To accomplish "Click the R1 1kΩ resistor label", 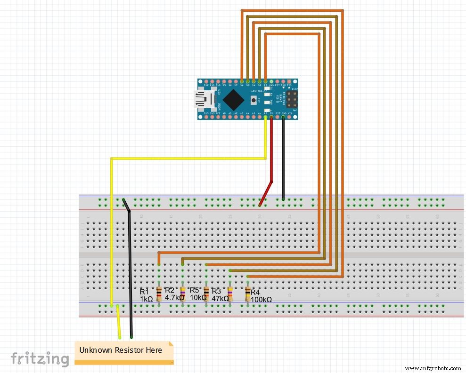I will point(146,295).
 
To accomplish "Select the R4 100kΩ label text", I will point(261,296).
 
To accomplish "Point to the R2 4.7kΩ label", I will point(173,294).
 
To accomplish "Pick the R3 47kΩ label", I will point(219,295).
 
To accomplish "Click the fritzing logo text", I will point(40,359).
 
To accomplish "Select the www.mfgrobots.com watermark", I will point(433,368).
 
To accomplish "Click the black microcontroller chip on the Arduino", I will point(234,99).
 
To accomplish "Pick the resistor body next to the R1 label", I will point(159,294).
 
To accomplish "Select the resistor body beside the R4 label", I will point(247,294).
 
